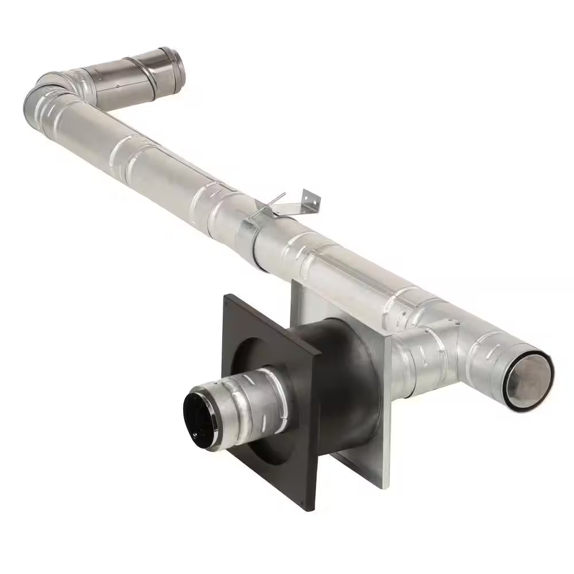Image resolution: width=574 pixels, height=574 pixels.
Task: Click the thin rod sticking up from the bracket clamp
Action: [274, 201]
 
